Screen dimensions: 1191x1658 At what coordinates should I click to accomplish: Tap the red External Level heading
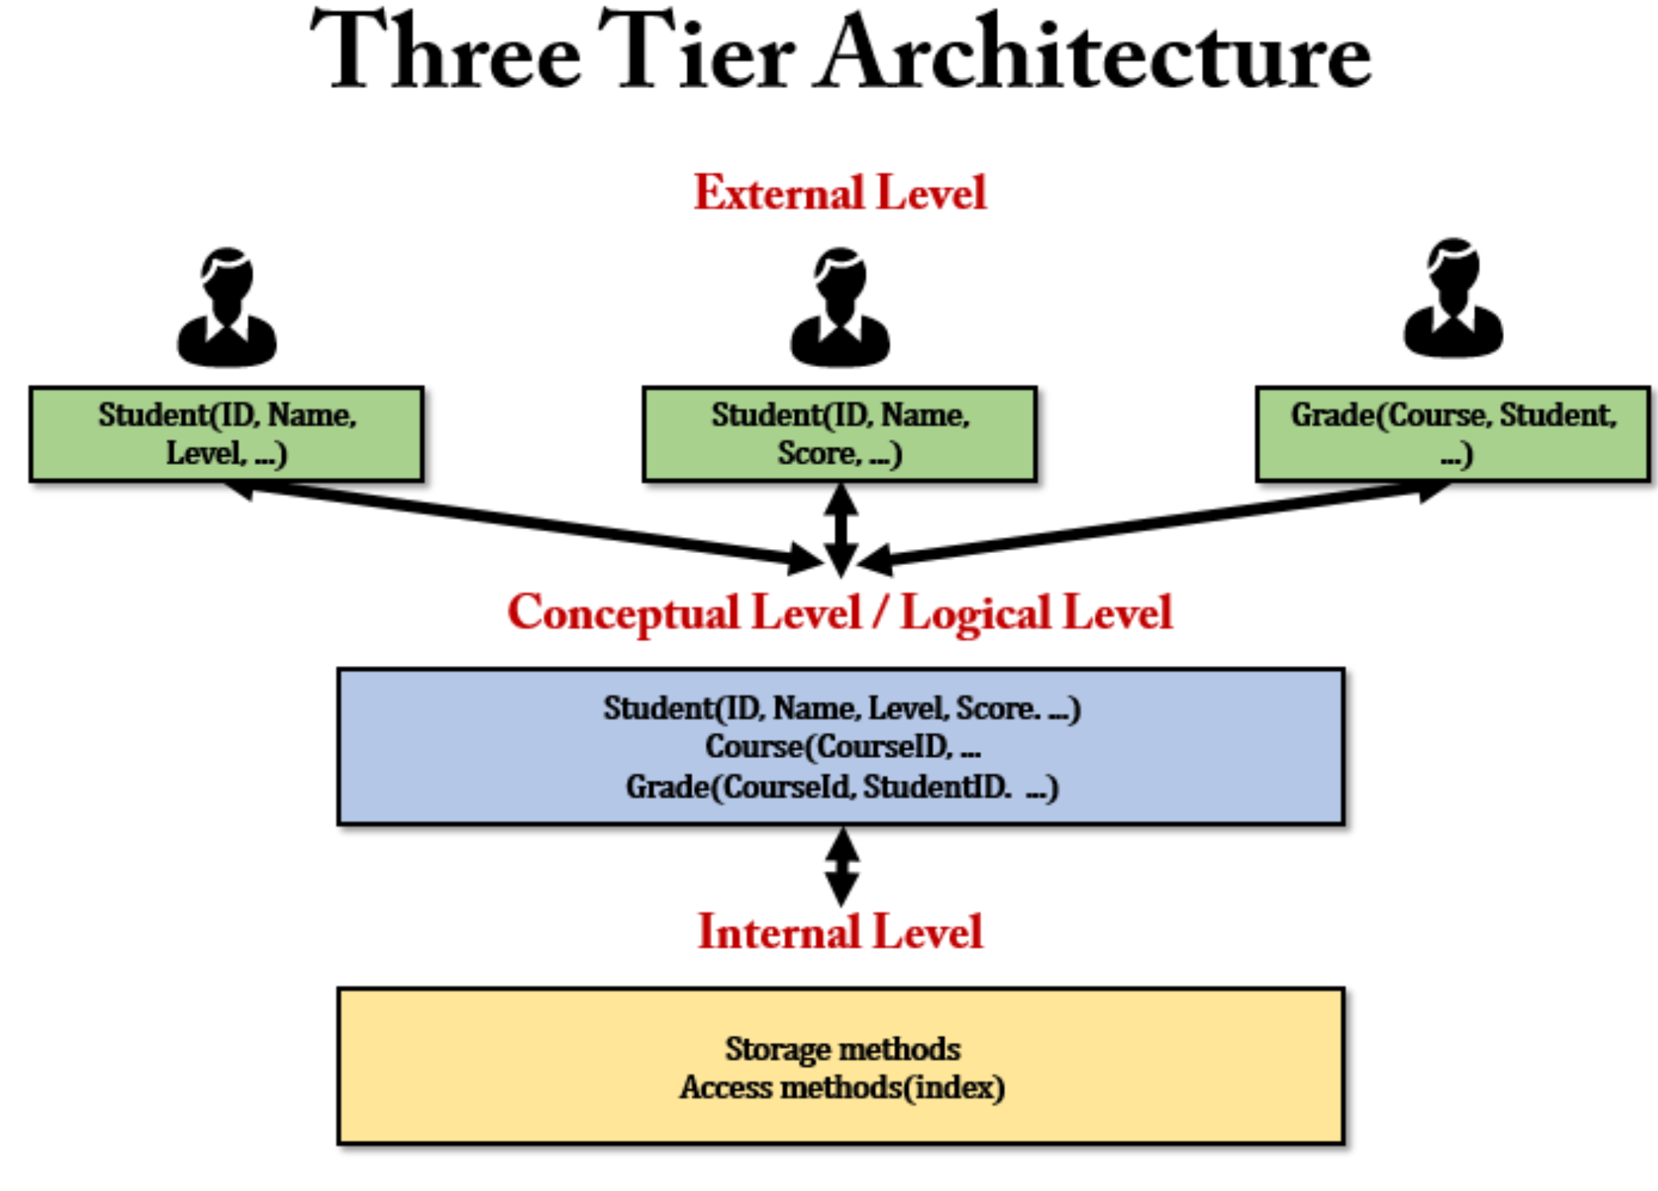click(839, 193)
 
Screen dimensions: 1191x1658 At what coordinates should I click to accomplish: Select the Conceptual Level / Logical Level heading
click(839, 613)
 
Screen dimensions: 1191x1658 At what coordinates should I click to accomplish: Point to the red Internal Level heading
click(839, 932)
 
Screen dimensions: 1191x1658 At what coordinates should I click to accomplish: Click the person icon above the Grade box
click(1453, 301)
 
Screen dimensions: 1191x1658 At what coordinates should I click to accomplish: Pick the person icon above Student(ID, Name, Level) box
click(227, 309)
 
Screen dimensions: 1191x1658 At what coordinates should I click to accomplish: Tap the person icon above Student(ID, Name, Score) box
click(839, 309)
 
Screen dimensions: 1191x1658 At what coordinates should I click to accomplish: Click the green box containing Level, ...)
click(227, 434)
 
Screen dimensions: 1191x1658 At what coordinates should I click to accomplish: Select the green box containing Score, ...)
click(839, 434)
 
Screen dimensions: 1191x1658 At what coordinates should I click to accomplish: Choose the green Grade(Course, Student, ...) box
click(1453, 434)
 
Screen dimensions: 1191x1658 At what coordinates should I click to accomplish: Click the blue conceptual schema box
click(840, 746)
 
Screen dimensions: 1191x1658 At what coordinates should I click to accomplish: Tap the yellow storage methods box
click(840, 1065)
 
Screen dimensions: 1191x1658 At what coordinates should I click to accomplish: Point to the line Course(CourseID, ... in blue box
click(842, 747)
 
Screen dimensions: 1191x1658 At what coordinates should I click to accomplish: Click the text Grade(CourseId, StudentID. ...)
click(842, 787)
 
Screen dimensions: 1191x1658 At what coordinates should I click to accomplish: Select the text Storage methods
click(843, 1049)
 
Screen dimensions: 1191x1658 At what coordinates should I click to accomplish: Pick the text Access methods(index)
click(842, 1088)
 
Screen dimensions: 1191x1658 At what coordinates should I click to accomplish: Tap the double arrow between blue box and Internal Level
click(842, 866)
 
